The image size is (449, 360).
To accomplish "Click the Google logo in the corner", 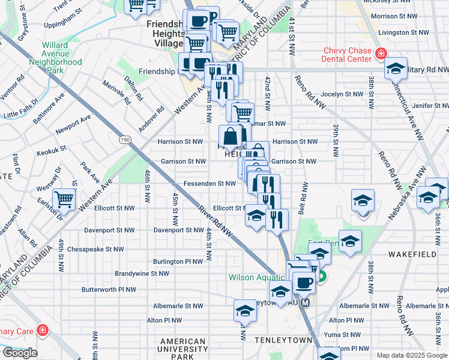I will pos(20,353).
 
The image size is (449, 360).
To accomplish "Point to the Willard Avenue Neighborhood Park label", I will pos(55,58).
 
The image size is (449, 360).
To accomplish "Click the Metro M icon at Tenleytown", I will pos(306,303).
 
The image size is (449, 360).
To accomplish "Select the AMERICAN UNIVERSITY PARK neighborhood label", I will pos(184,349).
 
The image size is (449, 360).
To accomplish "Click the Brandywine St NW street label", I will pos(143,273).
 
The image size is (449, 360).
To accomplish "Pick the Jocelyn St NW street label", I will pos(343,94).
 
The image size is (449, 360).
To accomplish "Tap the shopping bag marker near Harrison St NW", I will pos(231,136).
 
